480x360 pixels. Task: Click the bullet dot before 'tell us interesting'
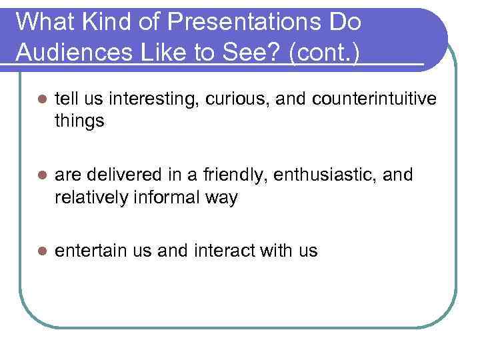(41, 99)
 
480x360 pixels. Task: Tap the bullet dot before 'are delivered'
(41, 175)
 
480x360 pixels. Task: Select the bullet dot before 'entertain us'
(41, 251)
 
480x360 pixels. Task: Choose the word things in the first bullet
(79, 122)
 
